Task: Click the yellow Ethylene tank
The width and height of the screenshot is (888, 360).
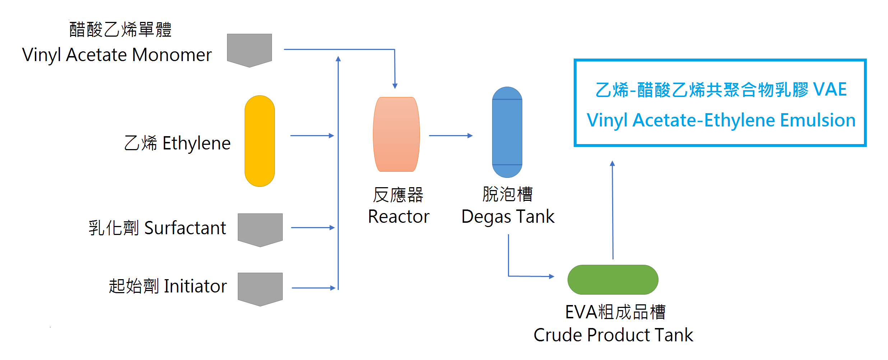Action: (x=260, y=141)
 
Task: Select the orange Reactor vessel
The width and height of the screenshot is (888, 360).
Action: (x=396, y=134)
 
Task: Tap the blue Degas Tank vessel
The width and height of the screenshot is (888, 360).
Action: (x=507, y=132)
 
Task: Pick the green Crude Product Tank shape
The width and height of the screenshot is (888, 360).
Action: (x=613, y=280)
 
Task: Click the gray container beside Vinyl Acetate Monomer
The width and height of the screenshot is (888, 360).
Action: (x=249, y=50)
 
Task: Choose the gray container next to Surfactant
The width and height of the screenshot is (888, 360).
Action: (x=260, y=230)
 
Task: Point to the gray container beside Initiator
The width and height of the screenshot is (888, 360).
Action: (x=260, y=289)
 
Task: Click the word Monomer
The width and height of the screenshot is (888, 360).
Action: (x=172, y=55)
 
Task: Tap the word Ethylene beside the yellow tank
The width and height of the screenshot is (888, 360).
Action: (x=196, y=144)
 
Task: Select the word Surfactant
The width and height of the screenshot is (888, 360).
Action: (x=185, y=228)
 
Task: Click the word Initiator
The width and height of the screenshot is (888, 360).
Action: (x=195, y=286)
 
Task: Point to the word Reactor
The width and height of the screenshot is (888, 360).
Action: (x=399, y=217)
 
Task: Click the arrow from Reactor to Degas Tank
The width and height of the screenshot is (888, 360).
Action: (x=451, y=135)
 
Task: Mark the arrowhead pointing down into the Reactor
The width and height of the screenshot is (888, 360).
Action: (x=395, y=86)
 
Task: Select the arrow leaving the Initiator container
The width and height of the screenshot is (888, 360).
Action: (x=314, y=288)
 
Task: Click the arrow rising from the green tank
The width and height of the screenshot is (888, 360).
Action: (x=612, y=210)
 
